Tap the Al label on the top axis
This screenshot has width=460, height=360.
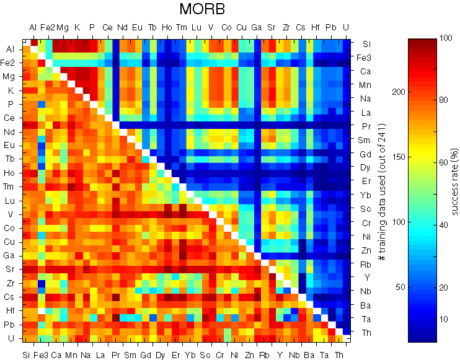pos(33,28)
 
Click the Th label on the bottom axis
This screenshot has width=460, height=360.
pos(338,354)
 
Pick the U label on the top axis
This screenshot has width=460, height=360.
pos(345,28)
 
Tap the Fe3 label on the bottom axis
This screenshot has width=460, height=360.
pos(41,354)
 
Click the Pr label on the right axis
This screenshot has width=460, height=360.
pos(366,126)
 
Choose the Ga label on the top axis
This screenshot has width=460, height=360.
pos(256,28)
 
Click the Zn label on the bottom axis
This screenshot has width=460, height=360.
pos(249,354)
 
